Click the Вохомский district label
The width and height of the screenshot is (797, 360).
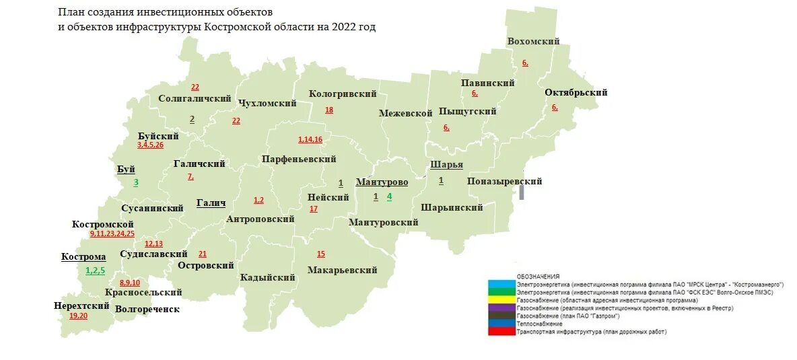[533, 42]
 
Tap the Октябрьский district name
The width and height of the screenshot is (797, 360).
[576, 93]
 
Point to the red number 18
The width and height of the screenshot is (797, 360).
[329, 110]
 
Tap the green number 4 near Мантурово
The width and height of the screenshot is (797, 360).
[389, 196]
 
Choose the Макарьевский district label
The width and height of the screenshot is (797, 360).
[341, 270]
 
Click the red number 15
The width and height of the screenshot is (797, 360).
[320, 254]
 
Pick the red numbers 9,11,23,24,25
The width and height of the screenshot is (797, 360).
[112, 233]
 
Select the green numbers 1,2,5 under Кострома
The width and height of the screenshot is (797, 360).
[95, 270]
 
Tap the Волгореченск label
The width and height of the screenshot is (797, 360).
[147, 309]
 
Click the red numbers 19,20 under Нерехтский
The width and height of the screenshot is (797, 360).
[78, 316]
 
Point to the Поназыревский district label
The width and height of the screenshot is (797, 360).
[504, 182]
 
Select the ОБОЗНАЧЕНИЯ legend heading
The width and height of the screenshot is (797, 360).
[538, 277]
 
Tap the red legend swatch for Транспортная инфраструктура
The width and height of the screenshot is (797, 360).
[501, 332]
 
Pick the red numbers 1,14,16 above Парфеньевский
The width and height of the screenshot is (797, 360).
[310, 140]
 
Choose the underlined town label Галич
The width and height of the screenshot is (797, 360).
[210, 203]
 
